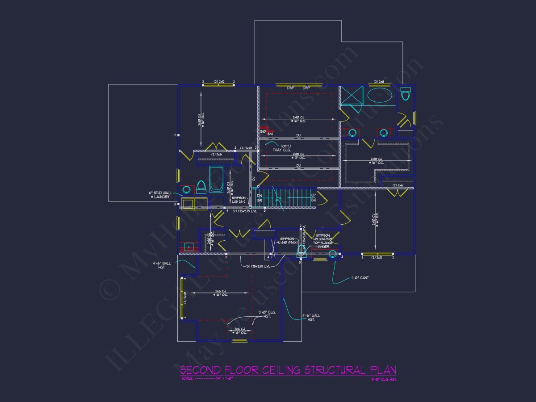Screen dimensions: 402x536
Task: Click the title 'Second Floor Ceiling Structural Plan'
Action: click(x=288, y=370)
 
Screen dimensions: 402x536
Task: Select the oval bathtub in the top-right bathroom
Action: click(x=380, y=96)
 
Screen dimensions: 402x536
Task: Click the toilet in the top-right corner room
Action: click(x=406, y=94)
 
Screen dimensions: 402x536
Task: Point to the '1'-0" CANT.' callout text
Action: click(x=360, y=278)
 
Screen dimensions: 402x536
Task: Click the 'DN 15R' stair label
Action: click(x=260, y=198)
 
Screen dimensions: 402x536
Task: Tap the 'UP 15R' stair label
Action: click(x=313, y=198)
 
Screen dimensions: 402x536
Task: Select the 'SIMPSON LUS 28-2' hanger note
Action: click(x=239, y=199)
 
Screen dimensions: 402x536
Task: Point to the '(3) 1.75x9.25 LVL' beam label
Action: click(x=258, y=266)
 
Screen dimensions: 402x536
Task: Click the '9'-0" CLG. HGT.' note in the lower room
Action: click(x=267, y=314)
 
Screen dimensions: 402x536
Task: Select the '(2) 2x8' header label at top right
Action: click(x=379, y=82)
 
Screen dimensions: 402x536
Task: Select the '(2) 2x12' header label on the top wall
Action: click(x=218, y=82)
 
